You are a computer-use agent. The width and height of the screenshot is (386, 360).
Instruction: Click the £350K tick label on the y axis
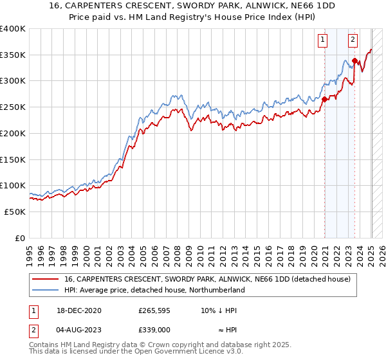(x=13, y=55)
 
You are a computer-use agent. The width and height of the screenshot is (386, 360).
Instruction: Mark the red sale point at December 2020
(x=324, y=99)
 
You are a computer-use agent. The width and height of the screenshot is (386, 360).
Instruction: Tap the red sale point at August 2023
(x=354, y=61)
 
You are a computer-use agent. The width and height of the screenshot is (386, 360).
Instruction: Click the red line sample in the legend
(x=46, y=280)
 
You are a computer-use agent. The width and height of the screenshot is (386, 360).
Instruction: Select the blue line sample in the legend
(x=46, y=291)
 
